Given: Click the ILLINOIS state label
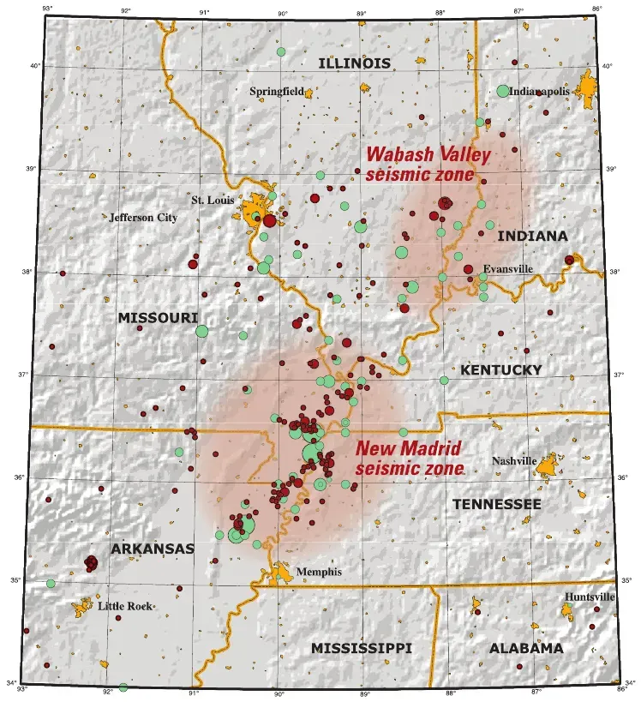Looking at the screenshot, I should pos(354,63).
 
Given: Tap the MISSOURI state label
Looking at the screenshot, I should pos(158,318).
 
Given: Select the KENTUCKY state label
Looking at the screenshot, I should pos(501,369).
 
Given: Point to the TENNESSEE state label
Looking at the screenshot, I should pos(497,504).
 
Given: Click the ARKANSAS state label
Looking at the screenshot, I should pos(152,548).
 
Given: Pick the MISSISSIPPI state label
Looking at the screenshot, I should pos(361,648).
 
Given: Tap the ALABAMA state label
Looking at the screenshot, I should pos(526,648).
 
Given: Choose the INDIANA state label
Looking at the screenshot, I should pos(532,236).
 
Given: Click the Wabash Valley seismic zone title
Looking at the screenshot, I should pos(428,164).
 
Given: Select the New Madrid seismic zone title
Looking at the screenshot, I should pos(409,458).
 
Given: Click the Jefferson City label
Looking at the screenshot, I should pos(143,218).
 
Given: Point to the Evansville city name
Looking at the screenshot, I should pos(507,268).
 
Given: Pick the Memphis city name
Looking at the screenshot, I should pos(319,572).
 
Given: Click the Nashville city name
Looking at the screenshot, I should pos(512,461).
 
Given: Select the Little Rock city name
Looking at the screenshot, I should pos(125,606).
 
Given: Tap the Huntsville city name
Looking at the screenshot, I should pos(589,597).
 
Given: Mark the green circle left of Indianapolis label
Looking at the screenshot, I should pos(503,91).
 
